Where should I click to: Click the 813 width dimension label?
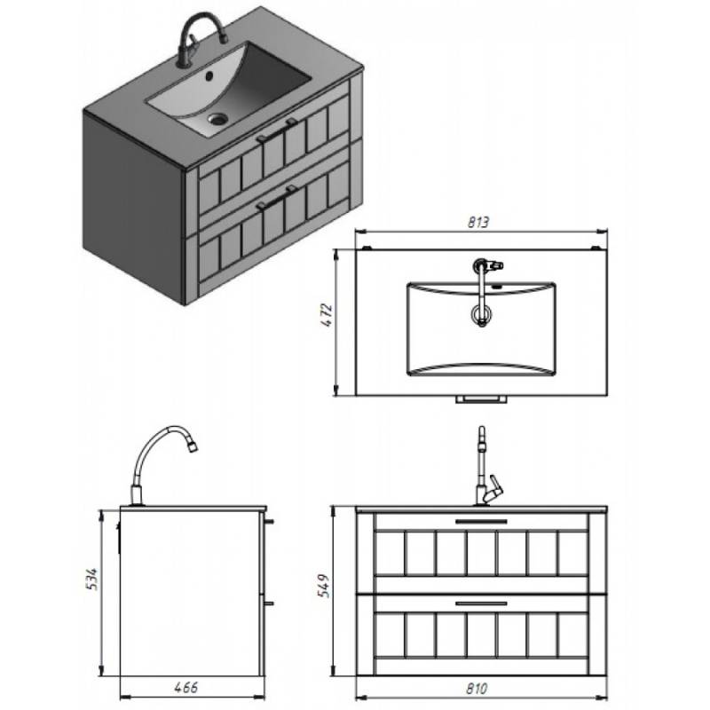pos(478,223)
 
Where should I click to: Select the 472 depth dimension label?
pos(327,315)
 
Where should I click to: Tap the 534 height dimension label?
pos(91,580)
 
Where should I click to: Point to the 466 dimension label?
pos(185,687)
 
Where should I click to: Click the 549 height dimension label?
pos(324,586)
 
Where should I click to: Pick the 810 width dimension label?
pos(477,689)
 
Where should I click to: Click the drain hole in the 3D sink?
pos(217,119)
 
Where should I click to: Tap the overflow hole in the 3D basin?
pos(209,75)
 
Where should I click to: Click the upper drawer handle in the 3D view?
pos(276,130)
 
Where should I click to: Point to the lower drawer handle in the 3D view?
pos(276,197)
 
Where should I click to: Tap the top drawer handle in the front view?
pos(481,521)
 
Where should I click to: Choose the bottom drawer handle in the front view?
pos(481,603)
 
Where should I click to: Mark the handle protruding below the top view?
pos(481,398)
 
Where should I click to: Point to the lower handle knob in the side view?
pos(269,603)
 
